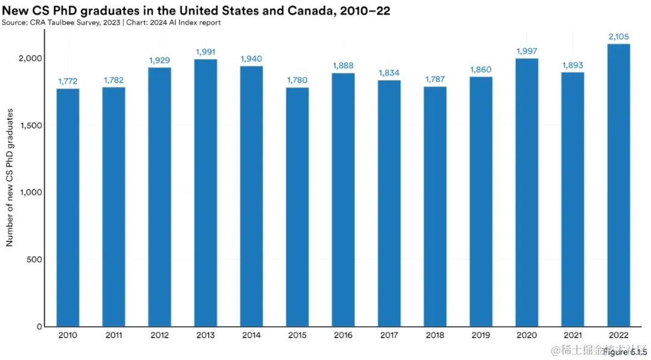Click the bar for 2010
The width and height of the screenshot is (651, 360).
pos(68,207)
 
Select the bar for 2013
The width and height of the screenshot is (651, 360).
pos(206,193)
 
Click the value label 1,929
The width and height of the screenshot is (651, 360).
pos(160,60)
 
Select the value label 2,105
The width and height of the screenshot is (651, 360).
pos(618,37)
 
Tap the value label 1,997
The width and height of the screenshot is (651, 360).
pos(527,51)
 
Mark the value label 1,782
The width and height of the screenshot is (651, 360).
pos(114,80)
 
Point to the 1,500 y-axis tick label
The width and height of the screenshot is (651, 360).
pos(30,125)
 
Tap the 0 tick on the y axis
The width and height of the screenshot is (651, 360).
pos(39,327)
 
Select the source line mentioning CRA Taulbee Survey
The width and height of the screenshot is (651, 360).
pos(111,23)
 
